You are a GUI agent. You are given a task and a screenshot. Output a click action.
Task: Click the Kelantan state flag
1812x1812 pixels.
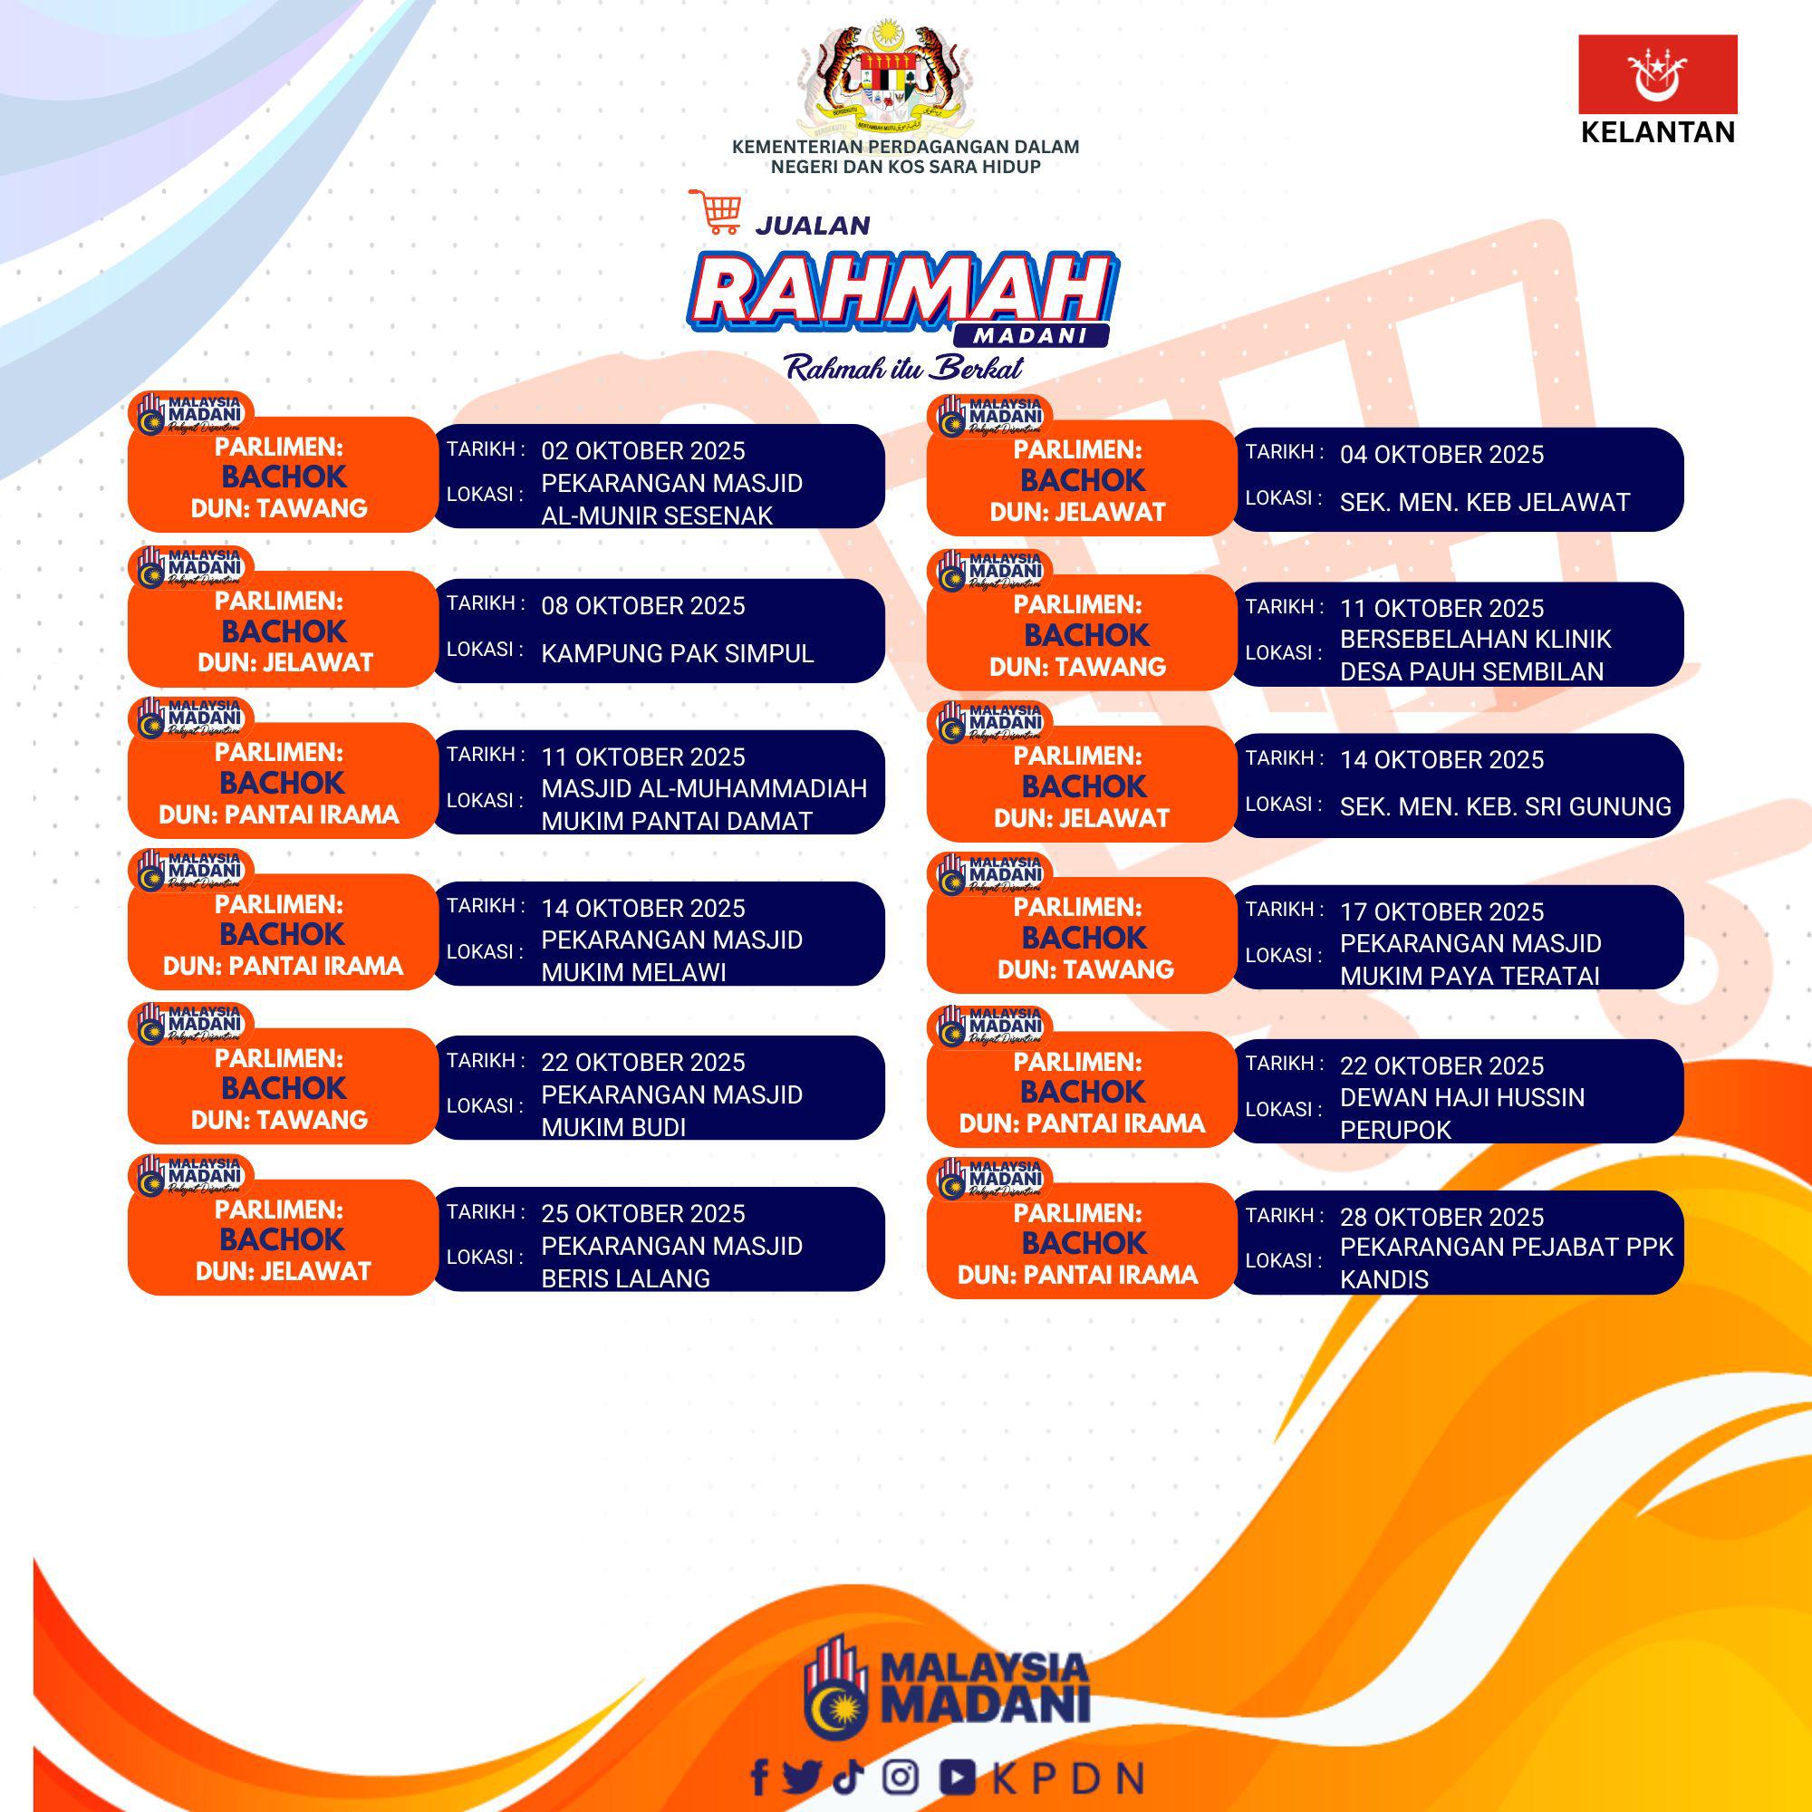click(1657, 74)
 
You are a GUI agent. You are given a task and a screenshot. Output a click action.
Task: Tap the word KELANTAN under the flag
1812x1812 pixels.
click(1657, 132)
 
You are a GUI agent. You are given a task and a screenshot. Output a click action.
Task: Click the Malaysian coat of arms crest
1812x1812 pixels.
click(883, 78)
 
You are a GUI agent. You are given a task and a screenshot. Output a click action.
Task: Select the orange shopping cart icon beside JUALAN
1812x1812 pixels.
click(716, 211)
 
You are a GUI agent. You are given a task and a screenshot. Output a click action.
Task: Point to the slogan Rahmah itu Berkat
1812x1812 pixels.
click(904, 367)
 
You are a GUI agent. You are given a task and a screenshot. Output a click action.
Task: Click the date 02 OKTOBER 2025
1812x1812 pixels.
click(642, 451)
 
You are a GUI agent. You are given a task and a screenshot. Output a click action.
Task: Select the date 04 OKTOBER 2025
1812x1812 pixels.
click(1441, 455)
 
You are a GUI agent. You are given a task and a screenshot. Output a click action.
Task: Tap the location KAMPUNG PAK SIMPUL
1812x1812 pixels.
click(677, 654)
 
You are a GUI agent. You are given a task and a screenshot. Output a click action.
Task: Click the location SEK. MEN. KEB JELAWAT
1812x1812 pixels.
click(1485, 503)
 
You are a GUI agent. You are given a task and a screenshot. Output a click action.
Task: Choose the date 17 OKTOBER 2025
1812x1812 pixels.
click(1441, 911)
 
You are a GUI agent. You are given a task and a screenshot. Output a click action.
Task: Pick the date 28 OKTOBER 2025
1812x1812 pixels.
click(1441, 1218)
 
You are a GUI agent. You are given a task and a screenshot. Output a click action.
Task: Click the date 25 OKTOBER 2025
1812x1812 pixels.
click(642, 1214)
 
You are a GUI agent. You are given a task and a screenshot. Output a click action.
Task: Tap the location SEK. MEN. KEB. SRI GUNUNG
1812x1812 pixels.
click(1505, 806)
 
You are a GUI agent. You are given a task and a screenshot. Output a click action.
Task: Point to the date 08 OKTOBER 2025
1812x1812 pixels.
click(642, 606)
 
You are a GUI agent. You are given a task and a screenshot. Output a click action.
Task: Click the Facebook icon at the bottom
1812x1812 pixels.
click(760, 1777)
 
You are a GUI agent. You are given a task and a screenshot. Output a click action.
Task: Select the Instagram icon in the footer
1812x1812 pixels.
click(901, 1777)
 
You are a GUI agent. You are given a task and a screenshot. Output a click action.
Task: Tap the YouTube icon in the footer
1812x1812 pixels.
click(958, 1777)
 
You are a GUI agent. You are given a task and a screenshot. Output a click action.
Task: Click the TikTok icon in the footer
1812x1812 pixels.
click(848, 1776)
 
